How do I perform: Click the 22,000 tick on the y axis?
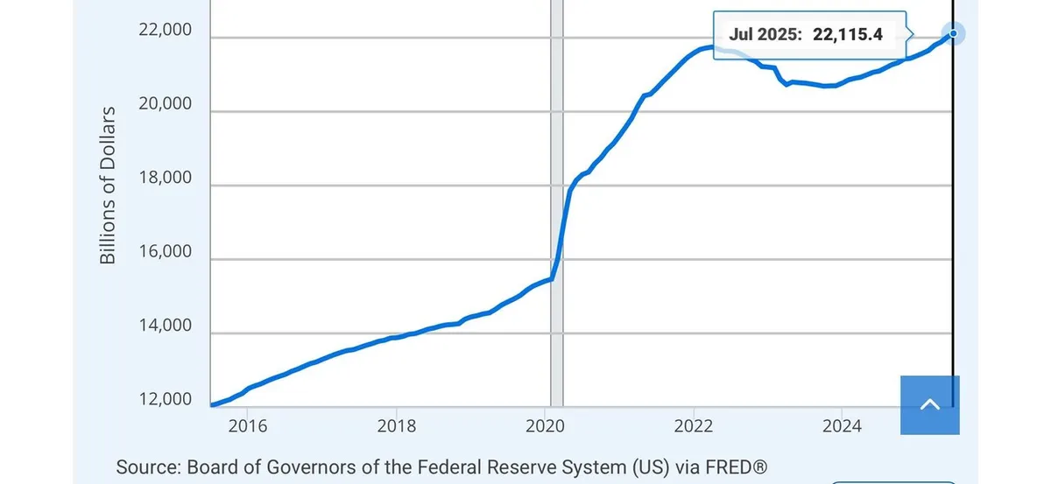(x=165, y=30)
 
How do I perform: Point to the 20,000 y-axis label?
(x=165, y=104)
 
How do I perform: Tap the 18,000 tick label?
(x=165, y=178)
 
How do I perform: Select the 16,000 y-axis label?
(x=165, y=252)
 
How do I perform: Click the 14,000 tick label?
(x=165, y=326)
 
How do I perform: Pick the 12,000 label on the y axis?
(x=165, y=400)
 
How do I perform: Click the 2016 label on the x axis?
(x=247, y=426)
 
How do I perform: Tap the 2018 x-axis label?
(x=396, y=426)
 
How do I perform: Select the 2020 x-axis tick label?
(x=545, y=426)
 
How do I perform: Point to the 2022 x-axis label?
(x=694, y=426)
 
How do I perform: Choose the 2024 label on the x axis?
(x=842, y=426)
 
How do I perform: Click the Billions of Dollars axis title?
(x=108, y=186)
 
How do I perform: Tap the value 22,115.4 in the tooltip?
(x=847, y=35)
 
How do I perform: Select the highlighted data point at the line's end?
(x=954, y=33)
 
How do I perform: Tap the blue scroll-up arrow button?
(x=930, y=404)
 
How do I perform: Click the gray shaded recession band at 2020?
(x=556, y=219)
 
